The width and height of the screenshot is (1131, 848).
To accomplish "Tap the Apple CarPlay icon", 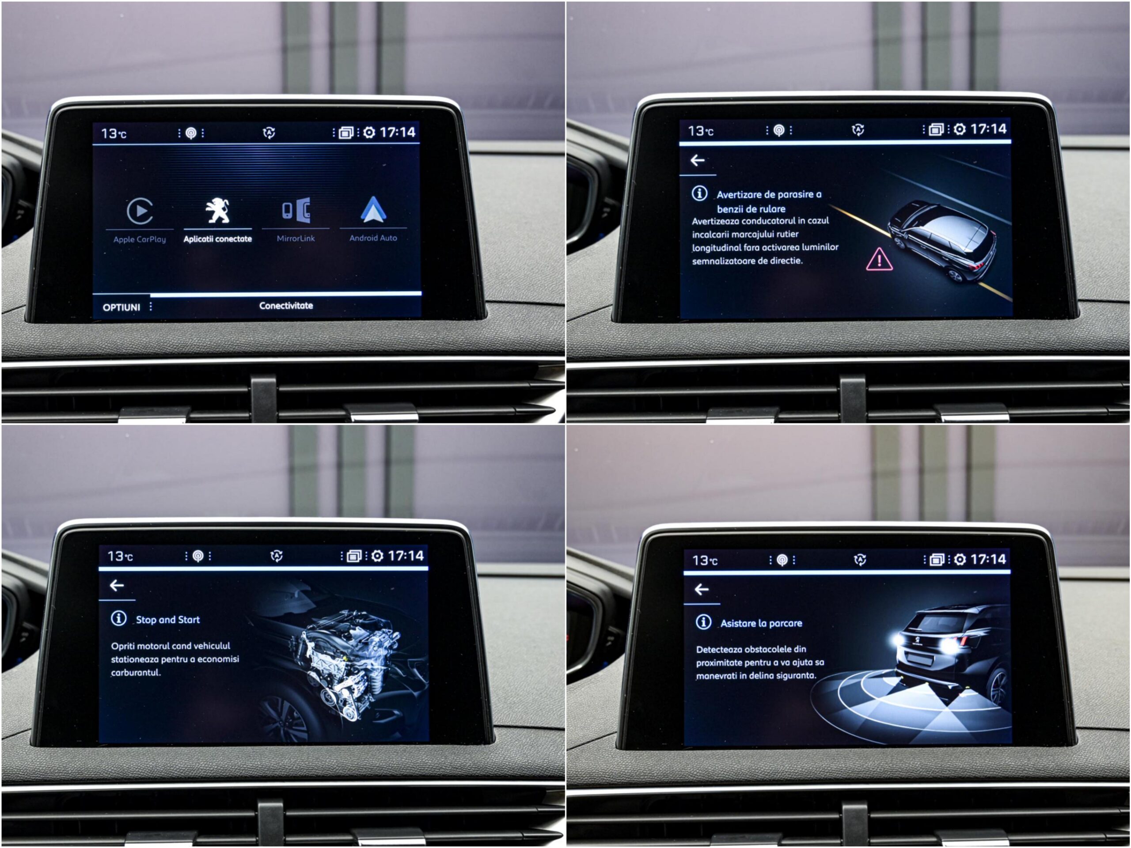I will tap(140, 211).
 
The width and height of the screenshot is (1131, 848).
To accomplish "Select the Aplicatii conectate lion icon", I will tap(217, 210).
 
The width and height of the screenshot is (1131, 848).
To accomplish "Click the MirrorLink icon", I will tap(296, 210).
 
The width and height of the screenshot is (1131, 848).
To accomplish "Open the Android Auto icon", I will tap(373, 210).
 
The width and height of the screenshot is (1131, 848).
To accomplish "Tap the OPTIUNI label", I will tap(121, 307).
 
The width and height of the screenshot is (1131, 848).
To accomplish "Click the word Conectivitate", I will tap(286, 306).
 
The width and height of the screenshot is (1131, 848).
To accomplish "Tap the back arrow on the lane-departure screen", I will tap(698, 160).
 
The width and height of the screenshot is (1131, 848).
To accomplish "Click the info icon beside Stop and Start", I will tap(118, 618).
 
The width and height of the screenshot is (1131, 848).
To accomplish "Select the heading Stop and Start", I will tap(168, 620).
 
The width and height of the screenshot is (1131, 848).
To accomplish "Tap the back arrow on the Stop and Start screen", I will tap(117, 585).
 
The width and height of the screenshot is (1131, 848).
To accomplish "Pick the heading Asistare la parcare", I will tap(761, 623).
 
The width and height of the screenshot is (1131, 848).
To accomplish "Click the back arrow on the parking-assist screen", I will tap(702, 589).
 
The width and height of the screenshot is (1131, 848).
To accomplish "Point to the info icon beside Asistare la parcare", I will tap(703, 621).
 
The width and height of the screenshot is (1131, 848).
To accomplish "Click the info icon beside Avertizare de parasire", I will tap(699, 193).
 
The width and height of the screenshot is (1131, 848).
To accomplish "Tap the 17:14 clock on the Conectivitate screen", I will tap(398, 132).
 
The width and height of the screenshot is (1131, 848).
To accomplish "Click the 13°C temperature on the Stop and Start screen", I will tap(120, 556).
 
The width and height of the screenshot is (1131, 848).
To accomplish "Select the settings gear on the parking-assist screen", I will tap(960, 560).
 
